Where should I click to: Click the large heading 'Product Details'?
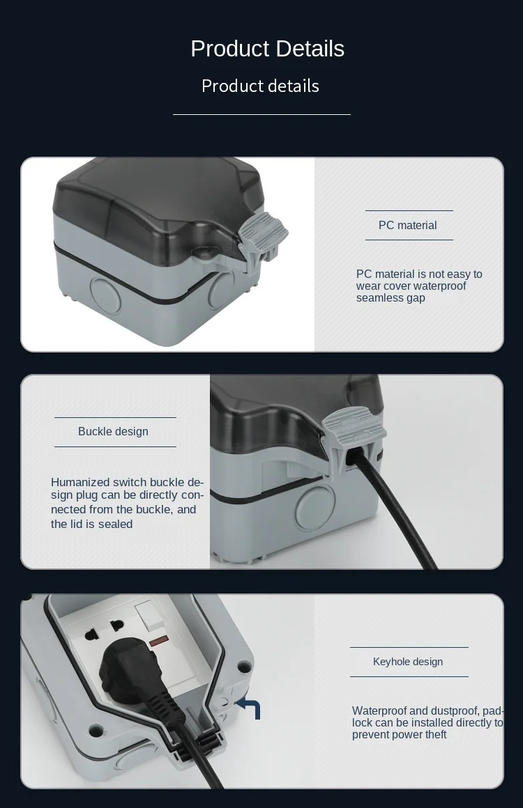click(x=267, y=49)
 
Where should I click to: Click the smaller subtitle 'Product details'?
click(x=261, y=86)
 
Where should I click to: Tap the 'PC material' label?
click(x=407, y=225)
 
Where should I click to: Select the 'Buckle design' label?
click(x=113, y=431)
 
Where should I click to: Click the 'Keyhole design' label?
click(x=408, y=662)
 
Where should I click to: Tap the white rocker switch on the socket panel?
click(x=149, y=616)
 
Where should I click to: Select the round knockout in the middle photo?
click(x=315, y=507)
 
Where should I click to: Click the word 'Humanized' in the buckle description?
click(x=80, y=482)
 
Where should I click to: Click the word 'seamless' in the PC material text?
click(x=378, y=298)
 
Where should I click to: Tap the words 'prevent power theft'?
click(x=399, y=735)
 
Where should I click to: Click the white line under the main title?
click(x=261, y=114)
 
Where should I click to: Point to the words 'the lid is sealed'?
click(x=92, y=524)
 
